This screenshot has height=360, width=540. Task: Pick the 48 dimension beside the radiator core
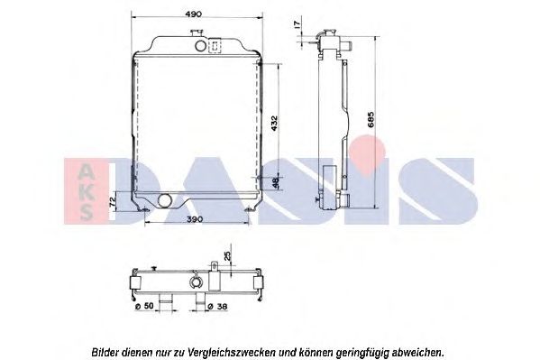click(276, 182)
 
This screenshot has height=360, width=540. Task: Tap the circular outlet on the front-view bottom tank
click(162, 198)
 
